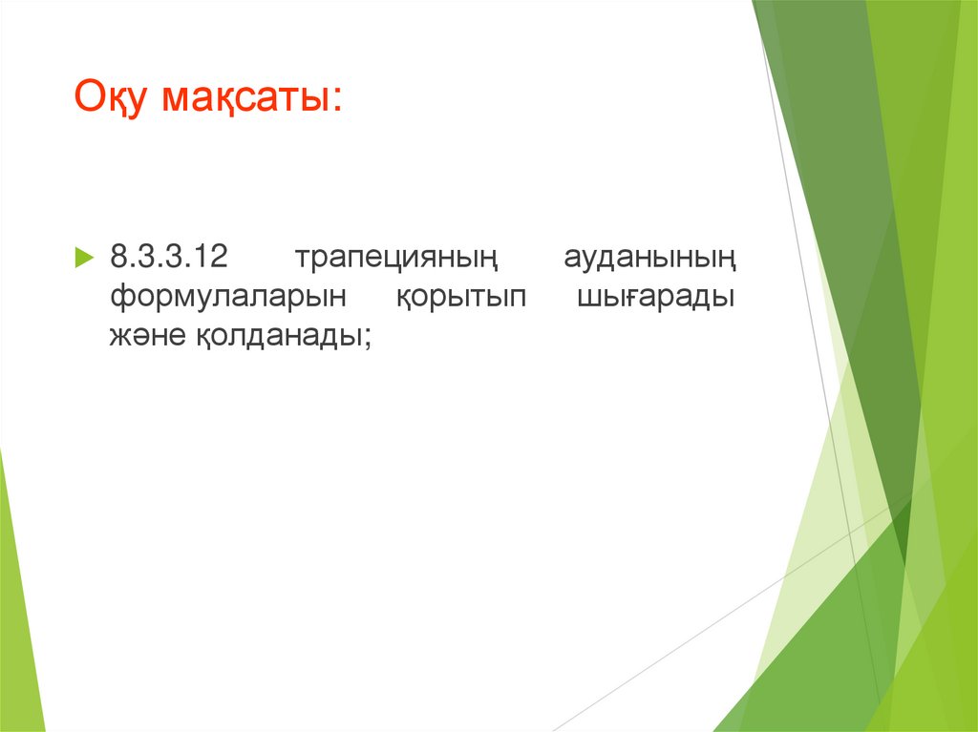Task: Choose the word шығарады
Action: click(x=656, y=299)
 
